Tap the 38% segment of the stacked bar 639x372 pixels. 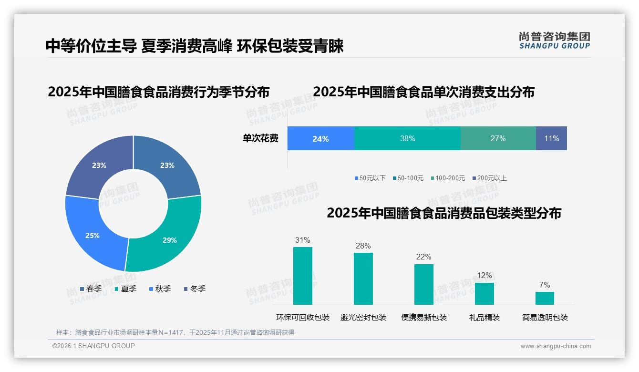[407, 138]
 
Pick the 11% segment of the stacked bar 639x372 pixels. [551, 138]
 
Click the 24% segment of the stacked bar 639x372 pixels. [320, 138]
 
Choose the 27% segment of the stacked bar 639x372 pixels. [498, 138]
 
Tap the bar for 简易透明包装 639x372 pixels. [545, 298]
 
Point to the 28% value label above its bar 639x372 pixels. [363, 246]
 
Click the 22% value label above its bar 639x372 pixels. [423, 257]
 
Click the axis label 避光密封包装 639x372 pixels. [363, 317]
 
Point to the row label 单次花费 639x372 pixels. [260, 138]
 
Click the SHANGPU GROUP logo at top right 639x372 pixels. [555, 41]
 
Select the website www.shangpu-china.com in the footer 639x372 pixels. [556, 346]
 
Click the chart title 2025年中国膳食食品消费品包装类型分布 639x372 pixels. [443, 213]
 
